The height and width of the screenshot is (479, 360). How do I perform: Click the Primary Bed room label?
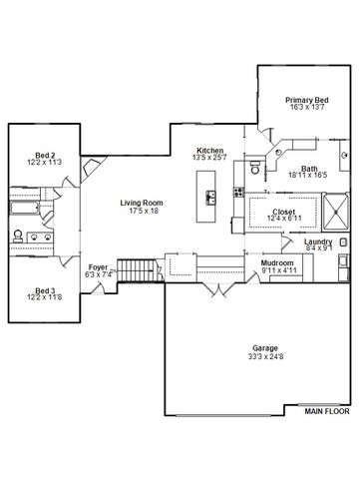tap(307, 101)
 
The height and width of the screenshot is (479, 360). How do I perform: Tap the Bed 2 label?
tap(44, 156)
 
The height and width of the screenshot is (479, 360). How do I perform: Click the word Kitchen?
tap(209, 149)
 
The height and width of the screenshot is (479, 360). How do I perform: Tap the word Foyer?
tap(98, 267)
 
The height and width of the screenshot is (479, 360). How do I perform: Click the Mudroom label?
tap(276, 262)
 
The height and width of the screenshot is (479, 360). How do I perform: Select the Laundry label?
tap(319, 241)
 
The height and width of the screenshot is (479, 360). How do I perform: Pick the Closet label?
tap(284, 212)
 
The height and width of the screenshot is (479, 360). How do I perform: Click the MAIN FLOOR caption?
tap(328, 409)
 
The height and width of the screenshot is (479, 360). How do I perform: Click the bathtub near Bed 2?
tap(24, 211)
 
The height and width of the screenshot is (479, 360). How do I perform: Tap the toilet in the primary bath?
tap(256, 171)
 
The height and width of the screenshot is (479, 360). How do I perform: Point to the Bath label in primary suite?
tap(310, 169)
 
